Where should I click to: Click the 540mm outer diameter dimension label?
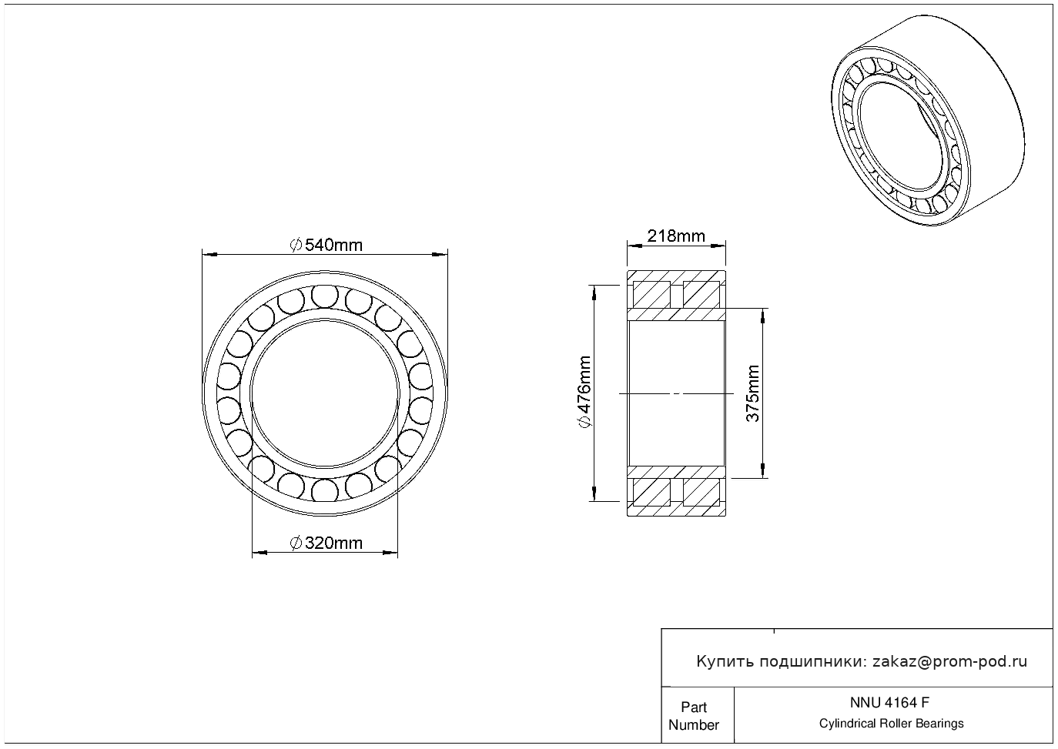(x=326, y=245)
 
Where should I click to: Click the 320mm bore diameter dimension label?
(x=326, y=543)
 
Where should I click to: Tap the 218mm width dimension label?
(x=676, y=236)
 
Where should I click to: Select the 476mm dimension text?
(x=584, y=393)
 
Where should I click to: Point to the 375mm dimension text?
(x=753, y=393)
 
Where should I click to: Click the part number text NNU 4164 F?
(x=890, y=703)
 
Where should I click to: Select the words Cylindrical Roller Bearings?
(x=891, y=723)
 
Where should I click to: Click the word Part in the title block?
(x=693, y=707)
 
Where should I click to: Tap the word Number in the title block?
(x=693, y=724)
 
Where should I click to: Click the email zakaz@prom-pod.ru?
(x=949, y=661)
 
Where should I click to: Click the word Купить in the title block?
(x=725, y=662)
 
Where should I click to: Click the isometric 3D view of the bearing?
(x=928, y=120)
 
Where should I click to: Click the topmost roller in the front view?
(x=325, y=296)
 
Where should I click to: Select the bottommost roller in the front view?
(x=325, y=490)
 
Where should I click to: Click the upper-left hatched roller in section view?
(x=651, y=294)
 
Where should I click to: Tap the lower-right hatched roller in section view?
(x=701, y=492)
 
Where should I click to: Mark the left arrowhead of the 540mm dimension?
(x=209, y=255)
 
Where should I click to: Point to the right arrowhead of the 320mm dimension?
(x=390, y=552)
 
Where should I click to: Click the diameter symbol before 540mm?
(x=296, y=245)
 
